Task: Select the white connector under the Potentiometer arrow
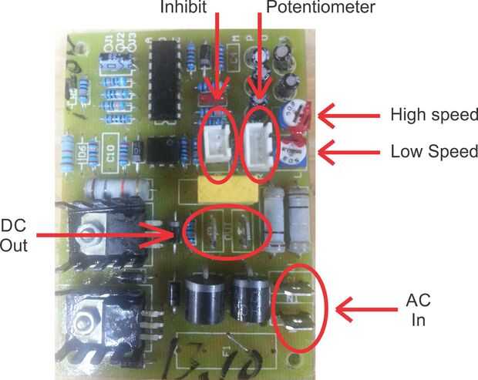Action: tap(259, 140)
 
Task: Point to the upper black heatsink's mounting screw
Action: tap(93, 227)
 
